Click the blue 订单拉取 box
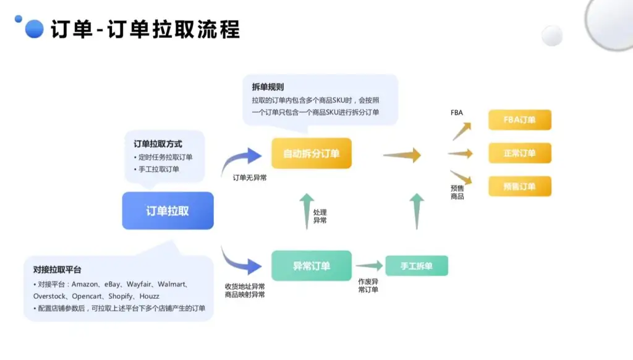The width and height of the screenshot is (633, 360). coord(168,211)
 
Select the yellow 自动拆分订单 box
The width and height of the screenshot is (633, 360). coord(311,153)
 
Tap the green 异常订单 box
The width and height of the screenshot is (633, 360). coord(311,266)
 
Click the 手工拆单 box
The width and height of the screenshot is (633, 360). coord(416,266)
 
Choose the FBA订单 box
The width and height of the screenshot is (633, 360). coord(519,120)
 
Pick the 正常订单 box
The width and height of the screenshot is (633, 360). coord(519,153)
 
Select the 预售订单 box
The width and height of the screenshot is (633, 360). coord(519,186)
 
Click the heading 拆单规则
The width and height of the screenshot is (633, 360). coord(268,87)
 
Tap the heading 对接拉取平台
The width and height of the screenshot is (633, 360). coord(57,270)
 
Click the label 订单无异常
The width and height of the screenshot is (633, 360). coord(250,178)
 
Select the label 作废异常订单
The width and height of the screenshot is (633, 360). coord(368,285)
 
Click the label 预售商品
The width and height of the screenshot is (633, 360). coord(457,192)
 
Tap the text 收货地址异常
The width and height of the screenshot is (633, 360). coord(245,286)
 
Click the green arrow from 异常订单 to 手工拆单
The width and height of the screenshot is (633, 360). coord(369,266)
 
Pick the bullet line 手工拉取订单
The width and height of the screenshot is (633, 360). coord(159,169)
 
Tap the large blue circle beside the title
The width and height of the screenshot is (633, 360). coord(34,29)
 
